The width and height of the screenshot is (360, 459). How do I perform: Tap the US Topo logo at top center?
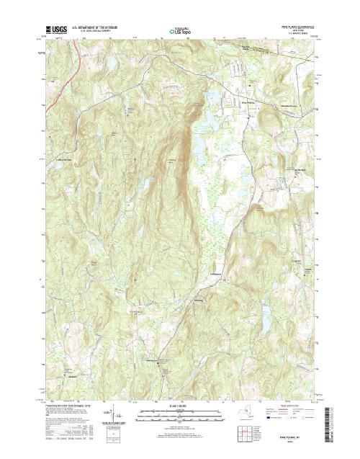tap(180, 31)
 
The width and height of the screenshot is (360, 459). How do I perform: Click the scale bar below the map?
tap(180, 412)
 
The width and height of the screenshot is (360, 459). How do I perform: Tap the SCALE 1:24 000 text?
tap(180, 406)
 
